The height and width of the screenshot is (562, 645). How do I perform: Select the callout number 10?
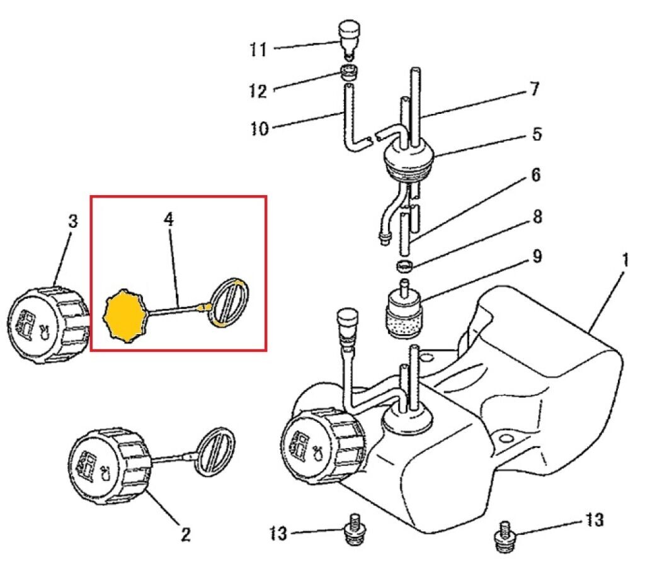(258, 130)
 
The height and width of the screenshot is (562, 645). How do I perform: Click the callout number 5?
(536, 134)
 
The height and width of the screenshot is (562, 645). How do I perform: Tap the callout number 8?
(536, 217)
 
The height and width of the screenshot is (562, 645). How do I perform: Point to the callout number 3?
(72, 222)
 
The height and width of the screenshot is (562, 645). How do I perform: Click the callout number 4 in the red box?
(169, 220)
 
